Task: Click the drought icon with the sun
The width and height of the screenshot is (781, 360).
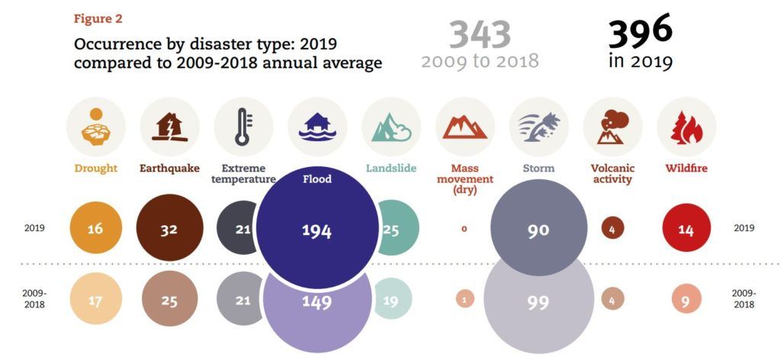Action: click(x=95, y=127)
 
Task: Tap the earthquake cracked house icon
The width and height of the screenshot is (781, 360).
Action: click(x=169, y=127)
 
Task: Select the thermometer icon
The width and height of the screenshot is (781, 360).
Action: click(x=243, y=127)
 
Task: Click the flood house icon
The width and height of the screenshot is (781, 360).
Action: click(x=317, y=127)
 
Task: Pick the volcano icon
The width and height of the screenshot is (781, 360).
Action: click(x=612, y=127)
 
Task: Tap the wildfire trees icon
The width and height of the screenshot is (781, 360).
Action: click(x=686, y=127)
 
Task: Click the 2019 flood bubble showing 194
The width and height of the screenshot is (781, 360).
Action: click(x=317, y=230)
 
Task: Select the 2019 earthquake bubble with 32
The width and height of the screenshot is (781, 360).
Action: click(x=169, y=228)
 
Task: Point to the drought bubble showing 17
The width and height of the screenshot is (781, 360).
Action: click(x=95, y=301)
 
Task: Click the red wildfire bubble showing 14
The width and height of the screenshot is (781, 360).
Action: click(x=686, y=229)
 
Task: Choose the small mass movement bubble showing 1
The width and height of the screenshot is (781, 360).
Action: click(x=464, y=300)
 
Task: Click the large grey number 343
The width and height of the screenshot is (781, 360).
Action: click(x=479, y=34)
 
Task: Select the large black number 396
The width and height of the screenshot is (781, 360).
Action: click(x=640, y=31)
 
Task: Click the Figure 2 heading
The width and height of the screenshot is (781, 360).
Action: click(x=98, y=18)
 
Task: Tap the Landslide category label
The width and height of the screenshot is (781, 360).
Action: click(x=390, y=168)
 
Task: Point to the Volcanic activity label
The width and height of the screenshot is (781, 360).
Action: click(x=612, y=173)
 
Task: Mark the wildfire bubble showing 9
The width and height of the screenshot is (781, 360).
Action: click(x=686, y=301)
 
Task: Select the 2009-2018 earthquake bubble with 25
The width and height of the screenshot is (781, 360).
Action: click(x=169, y=301)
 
